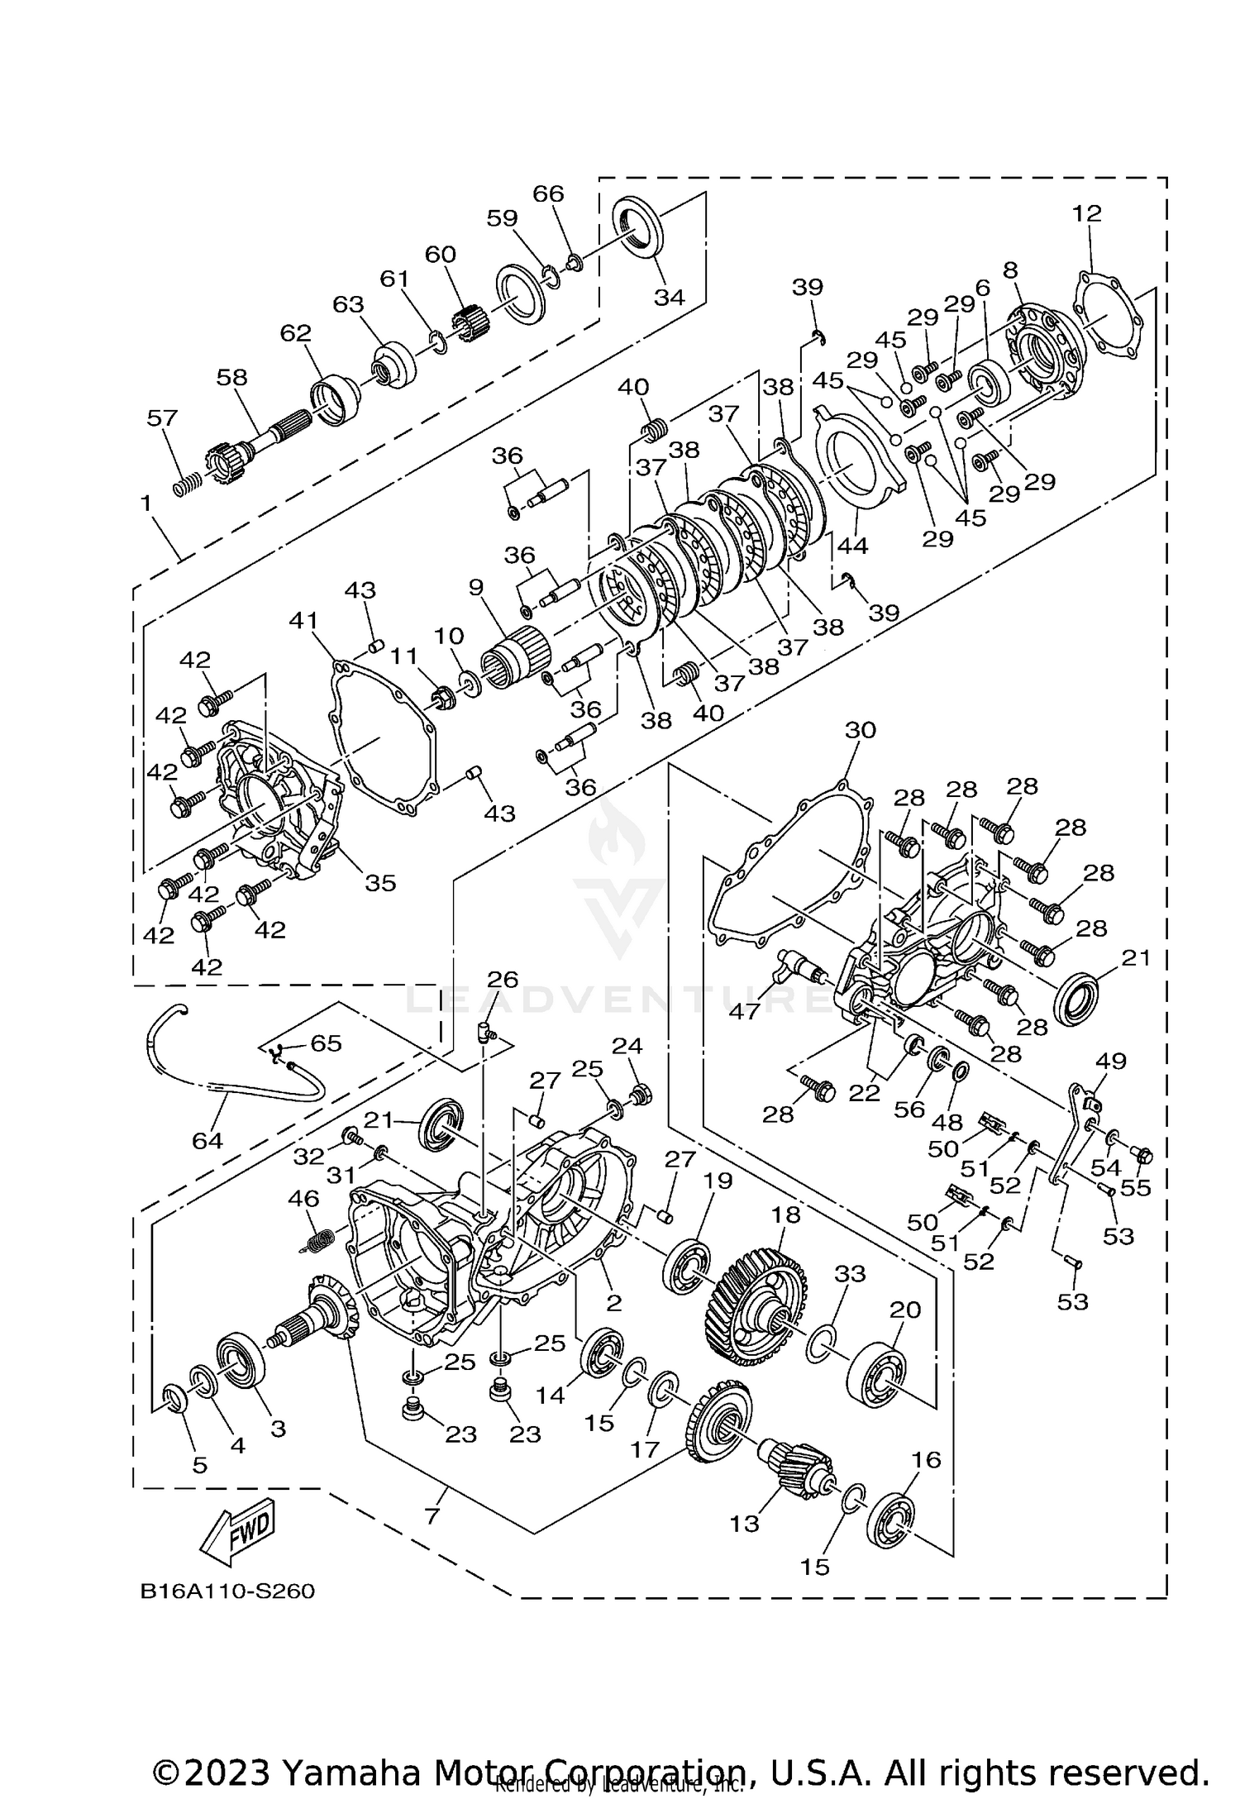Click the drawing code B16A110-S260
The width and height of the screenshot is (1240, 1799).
pyautogui.click(x=227, y=1591)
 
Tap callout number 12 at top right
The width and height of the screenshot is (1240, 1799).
pyautogui.click(x=1087, y=213)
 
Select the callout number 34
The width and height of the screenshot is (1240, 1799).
pyautogui.click(x=669, y=297)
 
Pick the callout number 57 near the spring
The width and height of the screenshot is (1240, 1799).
pyautogui.click(x=162, y=418)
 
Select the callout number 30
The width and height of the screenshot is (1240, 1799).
pyautogui.click(x=860, y=730)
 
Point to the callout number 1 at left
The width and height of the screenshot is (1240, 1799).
pyautogui.click(x=146, y=503)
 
